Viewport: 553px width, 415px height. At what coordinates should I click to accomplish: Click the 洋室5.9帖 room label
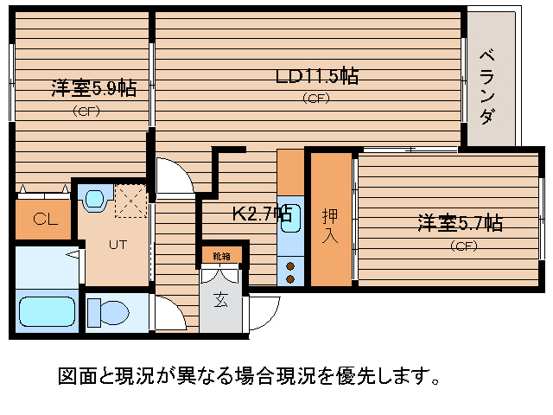pos(93,88)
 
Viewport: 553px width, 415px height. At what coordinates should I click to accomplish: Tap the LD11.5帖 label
pos(316,76)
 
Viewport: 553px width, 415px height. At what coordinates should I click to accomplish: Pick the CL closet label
pos(45,219)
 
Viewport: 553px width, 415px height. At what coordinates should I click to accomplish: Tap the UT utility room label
pos(118,244)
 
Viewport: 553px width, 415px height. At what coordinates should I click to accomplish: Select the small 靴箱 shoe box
pos(221,255)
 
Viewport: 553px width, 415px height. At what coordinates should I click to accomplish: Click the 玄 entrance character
pos(221,301)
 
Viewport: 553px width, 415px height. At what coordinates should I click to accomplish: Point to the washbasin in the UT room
pos(94,200)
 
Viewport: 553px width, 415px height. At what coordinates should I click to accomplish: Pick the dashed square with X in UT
pos(130,201)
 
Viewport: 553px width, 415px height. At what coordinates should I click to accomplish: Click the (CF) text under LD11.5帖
pos(316,98)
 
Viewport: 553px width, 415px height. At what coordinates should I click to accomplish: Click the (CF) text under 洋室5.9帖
pos(86,110)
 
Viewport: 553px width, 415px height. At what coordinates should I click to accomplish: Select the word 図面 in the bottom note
pos(73,377)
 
